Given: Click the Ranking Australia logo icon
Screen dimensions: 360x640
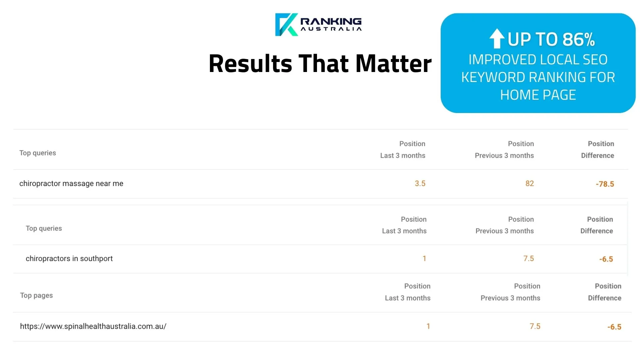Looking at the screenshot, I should tap(286, 25).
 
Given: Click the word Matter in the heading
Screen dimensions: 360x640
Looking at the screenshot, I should tap(393, 63).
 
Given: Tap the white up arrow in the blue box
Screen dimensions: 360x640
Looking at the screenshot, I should tap(497, 39).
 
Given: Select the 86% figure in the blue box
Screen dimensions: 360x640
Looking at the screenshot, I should tap(578, 39).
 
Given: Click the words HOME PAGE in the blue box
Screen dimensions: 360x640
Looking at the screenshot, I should tap(538, 95).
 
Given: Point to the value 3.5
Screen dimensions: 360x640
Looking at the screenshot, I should tap(420, 184).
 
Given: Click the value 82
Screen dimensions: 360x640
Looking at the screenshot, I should tap(529, 184).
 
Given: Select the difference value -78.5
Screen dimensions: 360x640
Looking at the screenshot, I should tap(605, 184).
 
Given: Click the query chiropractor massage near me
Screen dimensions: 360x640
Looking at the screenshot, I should tap(71, 184).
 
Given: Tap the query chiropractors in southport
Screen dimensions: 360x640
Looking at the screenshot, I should tap(69, 259).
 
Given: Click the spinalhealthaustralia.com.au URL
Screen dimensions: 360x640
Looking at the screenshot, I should tap(93, 326).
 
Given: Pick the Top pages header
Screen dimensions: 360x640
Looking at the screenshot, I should tap(36, 295).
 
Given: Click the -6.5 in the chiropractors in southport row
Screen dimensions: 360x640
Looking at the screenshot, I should tap(606, 259).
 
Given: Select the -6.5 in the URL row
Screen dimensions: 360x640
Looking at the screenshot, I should tap(614, 327).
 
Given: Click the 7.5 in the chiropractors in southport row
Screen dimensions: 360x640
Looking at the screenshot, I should tap(528, 259).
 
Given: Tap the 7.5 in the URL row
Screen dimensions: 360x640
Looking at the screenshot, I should tap(535, 326).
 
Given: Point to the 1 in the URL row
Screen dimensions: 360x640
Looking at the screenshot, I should tap(428, 326).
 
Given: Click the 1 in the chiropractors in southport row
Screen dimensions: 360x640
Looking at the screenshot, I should tap(424, 259).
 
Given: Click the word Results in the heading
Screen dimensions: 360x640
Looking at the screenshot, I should tap(250, 63).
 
